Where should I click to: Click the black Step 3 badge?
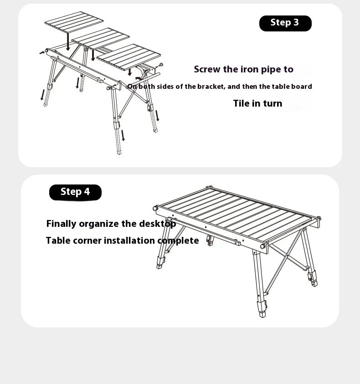point(285,23)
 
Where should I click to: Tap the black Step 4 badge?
point(75,192)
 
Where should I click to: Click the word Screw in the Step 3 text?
point(207,69)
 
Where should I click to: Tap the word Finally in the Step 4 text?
point(62,224)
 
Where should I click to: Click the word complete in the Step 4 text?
point(178,241)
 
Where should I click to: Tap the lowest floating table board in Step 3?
point(129,56)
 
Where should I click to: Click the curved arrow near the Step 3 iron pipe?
point(138,79)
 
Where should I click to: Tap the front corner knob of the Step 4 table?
point(262,246)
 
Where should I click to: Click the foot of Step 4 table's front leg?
point(262,314)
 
